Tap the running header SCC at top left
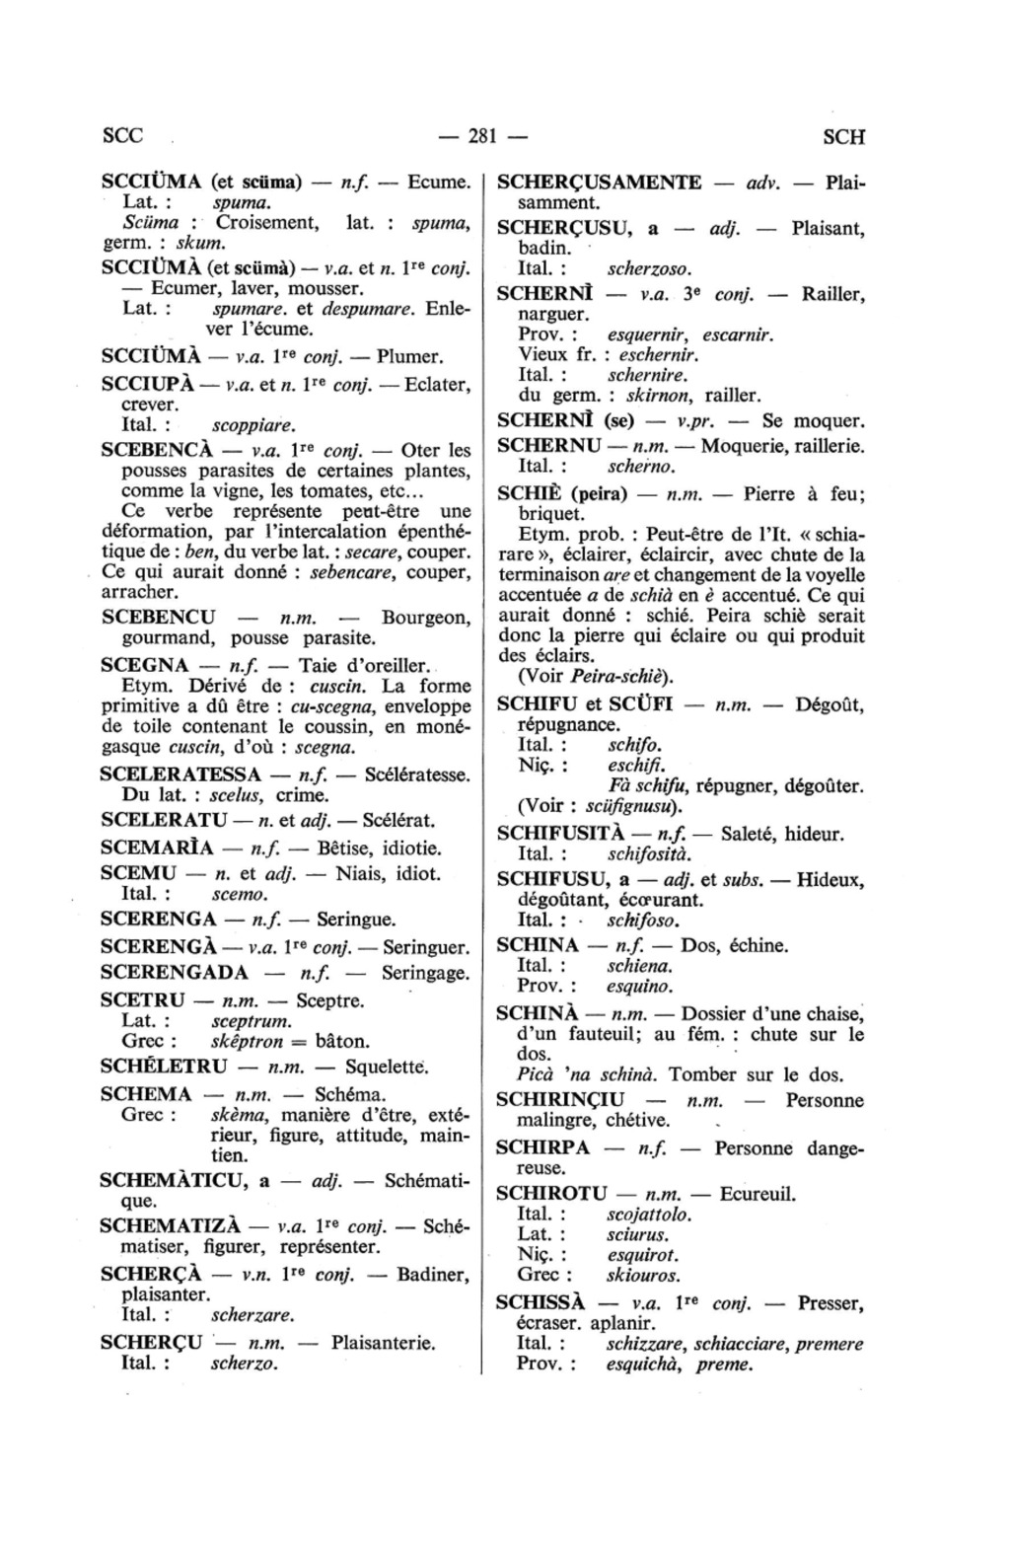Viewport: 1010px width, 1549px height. [x=122, y=137]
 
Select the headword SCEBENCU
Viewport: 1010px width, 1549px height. [x=158, y=618]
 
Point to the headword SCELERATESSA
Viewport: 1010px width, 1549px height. [x=180, y=774]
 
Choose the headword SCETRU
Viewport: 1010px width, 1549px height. [x=142, y=1000]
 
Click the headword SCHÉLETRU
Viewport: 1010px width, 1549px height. [x=164, y=1067]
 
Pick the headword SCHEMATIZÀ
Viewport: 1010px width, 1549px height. [x=171, y=1226]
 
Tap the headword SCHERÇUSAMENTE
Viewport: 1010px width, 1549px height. [x=600, y=183]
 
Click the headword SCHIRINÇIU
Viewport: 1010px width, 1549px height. [x=560, y=1100]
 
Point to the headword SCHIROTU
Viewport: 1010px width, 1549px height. [x=551, y=1194]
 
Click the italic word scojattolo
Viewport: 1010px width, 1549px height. [x=649, y=1215]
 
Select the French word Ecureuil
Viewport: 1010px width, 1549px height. [x=757, y=1194]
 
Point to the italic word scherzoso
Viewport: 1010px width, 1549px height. [x=649, y=268]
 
